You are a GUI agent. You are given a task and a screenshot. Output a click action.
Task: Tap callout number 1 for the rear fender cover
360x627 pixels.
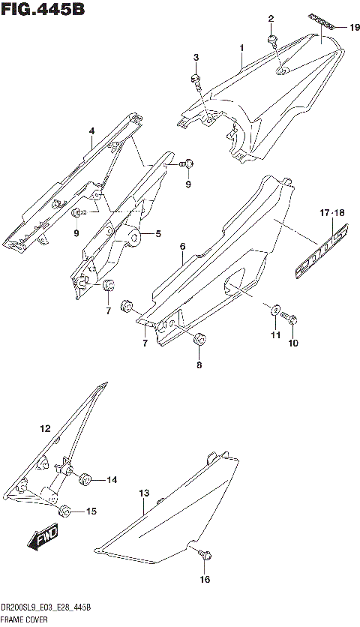pos(241,49)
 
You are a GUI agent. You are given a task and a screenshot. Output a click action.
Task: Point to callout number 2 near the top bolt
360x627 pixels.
pos(271,18)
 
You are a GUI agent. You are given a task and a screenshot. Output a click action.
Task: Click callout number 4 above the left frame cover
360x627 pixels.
pos(91,132)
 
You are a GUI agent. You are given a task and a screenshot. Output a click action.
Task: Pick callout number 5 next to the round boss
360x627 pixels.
pos(158,234)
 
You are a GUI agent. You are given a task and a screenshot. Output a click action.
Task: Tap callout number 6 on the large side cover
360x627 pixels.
pos(182,246)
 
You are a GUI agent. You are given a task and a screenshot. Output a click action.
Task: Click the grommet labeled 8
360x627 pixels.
pos(199,340)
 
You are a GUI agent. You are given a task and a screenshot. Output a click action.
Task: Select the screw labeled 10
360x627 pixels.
pos(292,321)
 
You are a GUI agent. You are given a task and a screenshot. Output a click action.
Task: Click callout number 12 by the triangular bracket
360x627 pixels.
pos(45,430)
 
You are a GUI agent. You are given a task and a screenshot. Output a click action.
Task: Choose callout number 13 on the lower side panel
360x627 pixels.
pos(144,493)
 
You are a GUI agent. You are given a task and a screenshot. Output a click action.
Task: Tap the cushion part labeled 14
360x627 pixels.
pos(86,478)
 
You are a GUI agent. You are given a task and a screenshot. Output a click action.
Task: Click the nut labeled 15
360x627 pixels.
pos(65,511)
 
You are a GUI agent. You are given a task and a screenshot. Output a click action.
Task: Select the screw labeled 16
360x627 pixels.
pos(203,554)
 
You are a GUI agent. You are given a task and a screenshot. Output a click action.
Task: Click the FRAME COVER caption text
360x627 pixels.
pos(25,619)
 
